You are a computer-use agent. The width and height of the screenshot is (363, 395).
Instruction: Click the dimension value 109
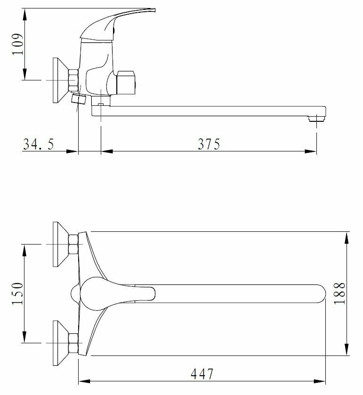17,44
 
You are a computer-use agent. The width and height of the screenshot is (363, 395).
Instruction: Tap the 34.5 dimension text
39,144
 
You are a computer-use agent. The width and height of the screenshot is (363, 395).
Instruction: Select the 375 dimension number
209,144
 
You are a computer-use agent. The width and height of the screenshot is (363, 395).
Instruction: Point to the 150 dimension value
17,293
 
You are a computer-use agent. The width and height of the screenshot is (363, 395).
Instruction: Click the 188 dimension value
339,293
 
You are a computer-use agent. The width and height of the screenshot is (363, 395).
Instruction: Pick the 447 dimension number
202,374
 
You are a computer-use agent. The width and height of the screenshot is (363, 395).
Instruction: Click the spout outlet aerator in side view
316,118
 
